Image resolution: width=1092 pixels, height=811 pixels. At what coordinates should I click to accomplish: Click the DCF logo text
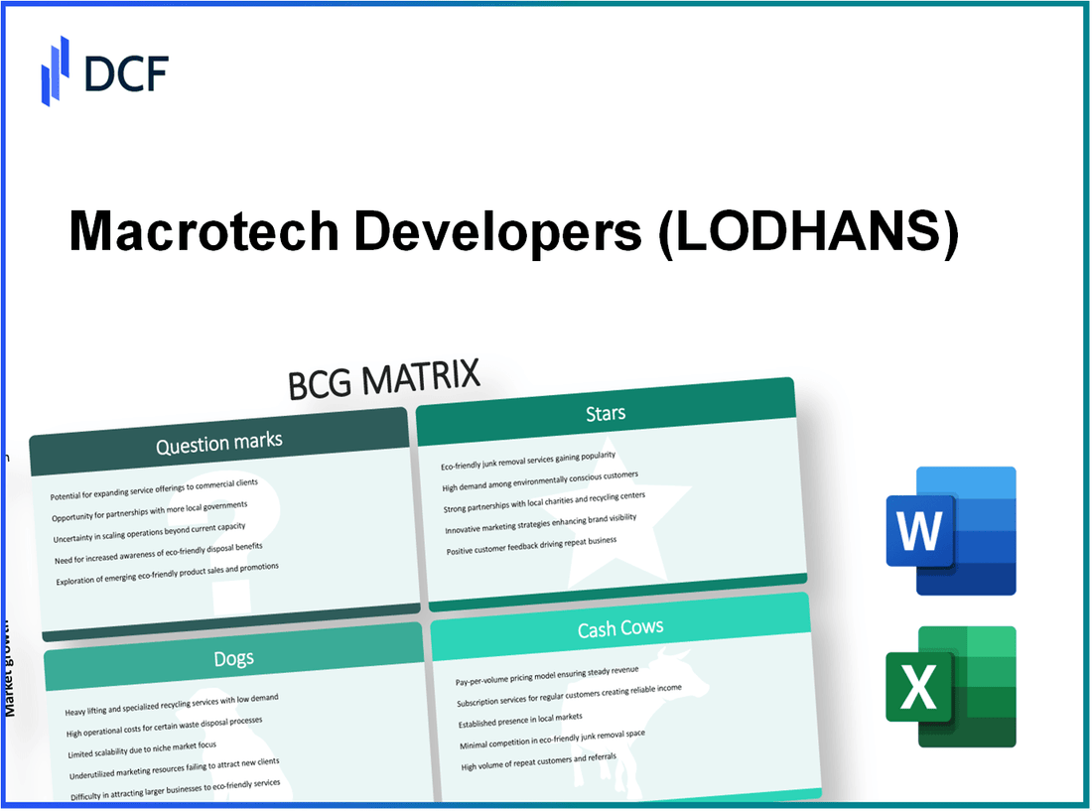click(126, 71)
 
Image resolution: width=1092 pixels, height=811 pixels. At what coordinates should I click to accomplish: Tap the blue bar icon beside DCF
click(55, 70)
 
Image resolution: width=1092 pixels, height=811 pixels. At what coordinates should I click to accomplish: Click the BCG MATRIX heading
click(384, 379)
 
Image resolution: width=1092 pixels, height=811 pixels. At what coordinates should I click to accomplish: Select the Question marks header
click(218, 443)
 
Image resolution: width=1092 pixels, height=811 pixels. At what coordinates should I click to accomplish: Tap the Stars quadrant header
click(605, 412)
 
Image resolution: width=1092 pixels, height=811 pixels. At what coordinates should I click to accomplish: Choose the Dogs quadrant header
click(233, 658)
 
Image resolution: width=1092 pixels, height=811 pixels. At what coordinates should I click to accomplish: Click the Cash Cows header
click(620, 628)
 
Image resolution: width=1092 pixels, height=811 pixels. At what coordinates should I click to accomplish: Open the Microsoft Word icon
click(951, 531)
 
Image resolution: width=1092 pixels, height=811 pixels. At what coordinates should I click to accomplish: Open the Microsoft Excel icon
click(951, 686)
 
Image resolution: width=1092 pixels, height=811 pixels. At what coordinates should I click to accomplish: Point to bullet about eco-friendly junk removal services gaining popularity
click(528, 461)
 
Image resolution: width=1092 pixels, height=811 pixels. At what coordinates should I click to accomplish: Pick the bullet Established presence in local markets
click(520, 717)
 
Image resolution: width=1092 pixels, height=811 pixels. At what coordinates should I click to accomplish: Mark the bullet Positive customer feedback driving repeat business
click(531, 546)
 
